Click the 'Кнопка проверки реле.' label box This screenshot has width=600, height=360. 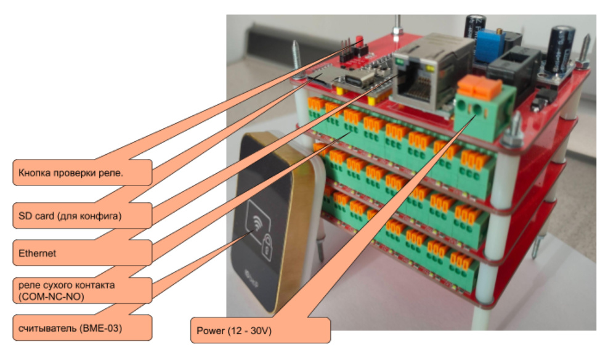(82, 172)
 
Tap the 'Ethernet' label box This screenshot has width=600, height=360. (82, 252)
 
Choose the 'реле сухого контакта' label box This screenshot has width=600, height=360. (82, 290)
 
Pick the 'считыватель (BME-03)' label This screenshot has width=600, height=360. (82, 327)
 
